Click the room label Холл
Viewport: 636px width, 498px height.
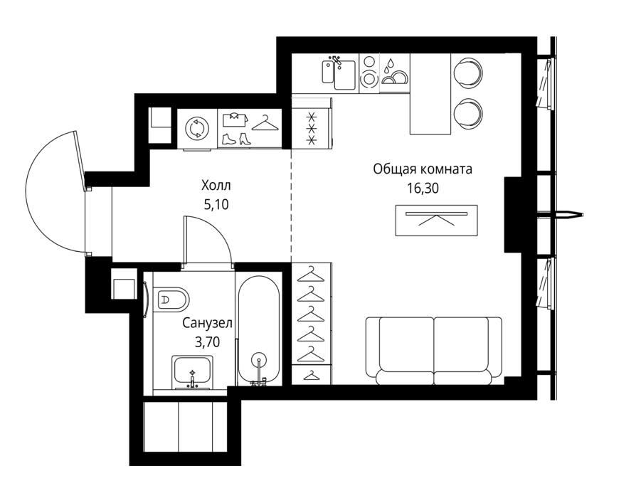pos(216,186)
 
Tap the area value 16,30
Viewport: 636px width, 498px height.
pos(423,188)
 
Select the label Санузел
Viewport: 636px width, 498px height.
pos(207,323)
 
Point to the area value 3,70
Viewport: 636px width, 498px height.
pos(207,342)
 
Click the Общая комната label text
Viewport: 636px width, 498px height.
pos(423,169)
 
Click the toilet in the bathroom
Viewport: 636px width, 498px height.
pos(171,300)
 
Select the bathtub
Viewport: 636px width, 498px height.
pos(258,330)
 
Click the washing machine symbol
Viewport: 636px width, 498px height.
pos(197,129)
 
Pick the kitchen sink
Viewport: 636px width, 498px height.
pos(339,74)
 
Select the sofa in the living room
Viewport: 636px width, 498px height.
pos(433,351)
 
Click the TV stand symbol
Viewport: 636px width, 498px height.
pos(436,221)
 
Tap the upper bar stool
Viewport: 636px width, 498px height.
pos(467,74)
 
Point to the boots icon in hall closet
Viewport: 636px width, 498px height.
pos(236,139)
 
